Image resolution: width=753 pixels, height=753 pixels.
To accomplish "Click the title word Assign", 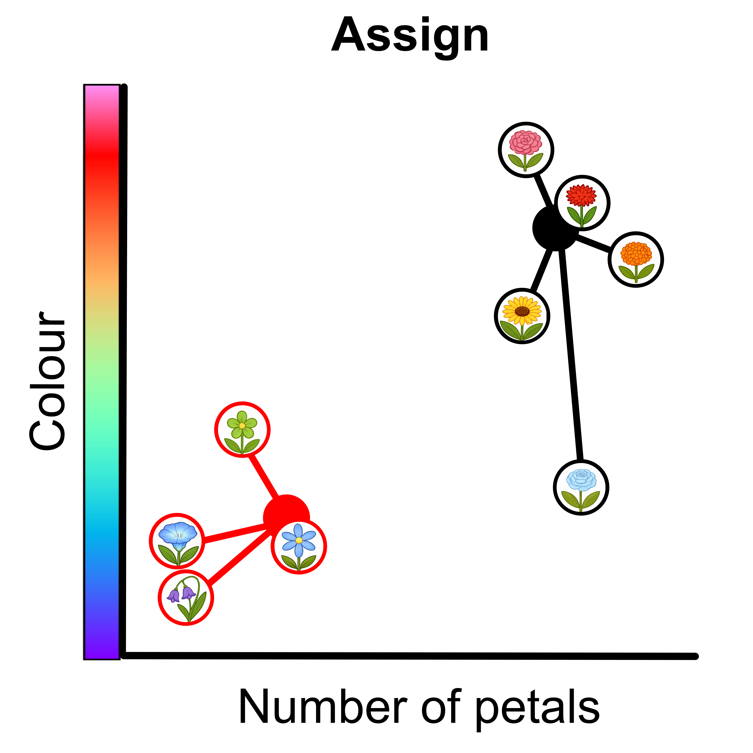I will pos(410,36).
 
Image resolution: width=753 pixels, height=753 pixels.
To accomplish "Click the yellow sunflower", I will pos(522,316).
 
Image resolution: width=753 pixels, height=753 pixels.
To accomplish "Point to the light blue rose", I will pos(581,487).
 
